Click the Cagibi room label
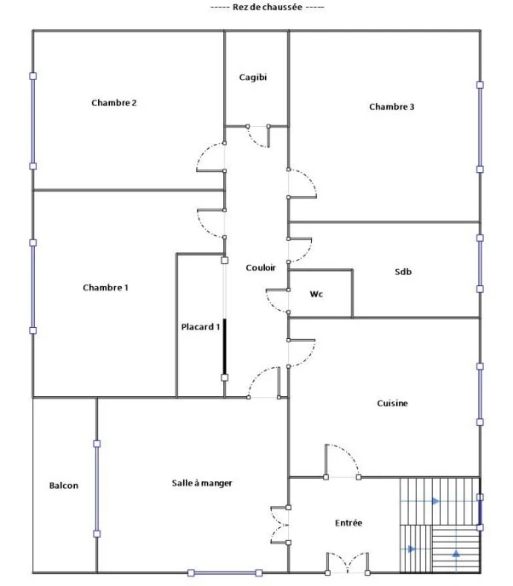point(253,78)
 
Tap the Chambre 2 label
point(114,102)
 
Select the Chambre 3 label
point(392,106)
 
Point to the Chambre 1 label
point(106,287)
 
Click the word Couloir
point(261,267)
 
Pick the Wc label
point(316,294)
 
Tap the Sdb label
point(403,272)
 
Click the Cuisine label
point(392,403)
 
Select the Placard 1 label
point(200,326)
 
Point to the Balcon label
point(64,485)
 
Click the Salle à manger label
point(202,483)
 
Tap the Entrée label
point(349,523)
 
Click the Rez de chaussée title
point(267,7)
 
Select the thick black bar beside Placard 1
point(225,347)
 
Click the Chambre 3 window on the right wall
point(480,127)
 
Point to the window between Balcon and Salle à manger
point(97,489)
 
